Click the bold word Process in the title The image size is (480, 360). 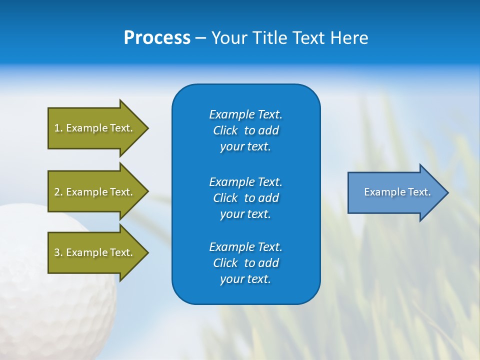point(157,38)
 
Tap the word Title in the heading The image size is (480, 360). point(269,38)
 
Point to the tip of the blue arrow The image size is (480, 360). point(447,192)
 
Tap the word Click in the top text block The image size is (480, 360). point(225,130)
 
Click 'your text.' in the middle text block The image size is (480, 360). point(245,214)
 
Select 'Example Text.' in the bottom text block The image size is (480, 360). point(245,247)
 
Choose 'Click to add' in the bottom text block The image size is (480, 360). point(245,263)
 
